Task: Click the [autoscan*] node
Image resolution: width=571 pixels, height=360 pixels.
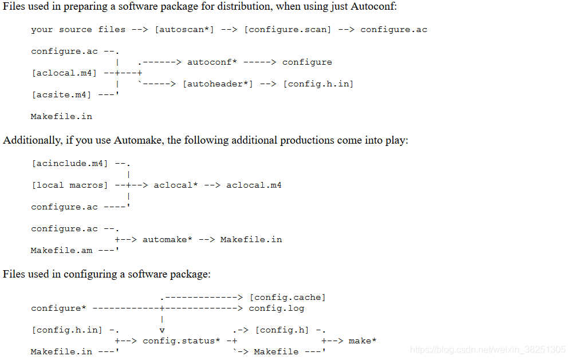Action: (x=184, y=30)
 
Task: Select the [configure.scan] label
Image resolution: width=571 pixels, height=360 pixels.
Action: (x=288, y=30)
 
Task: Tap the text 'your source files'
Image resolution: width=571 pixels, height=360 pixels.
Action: (x=78, y=30)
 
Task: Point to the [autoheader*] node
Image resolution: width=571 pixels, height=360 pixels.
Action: (x=218, y=84)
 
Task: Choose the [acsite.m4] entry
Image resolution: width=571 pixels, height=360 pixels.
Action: (x=61, y=95)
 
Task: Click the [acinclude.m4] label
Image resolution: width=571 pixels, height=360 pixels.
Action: (x=70, y=164)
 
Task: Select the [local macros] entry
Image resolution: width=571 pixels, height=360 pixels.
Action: (x=70, y=185)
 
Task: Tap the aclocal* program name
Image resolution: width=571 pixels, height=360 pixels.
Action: (x=175, y=185)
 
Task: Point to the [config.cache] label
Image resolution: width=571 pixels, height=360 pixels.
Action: (x=288, y=298)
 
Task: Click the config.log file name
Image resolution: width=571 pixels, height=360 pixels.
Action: (x=276, y=308)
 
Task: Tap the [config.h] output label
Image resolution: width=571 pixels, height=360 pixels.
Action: (x=282, y=330)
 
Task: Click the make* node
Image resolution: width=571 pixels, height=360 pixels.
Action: (x=363, y=341)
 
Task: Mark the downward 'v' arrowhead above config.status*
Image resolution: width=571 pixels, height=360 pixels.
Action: (x=162, y=330)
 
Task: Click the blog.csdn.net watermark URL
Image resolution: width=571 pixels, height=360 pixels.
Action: (x=488, y=350)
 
